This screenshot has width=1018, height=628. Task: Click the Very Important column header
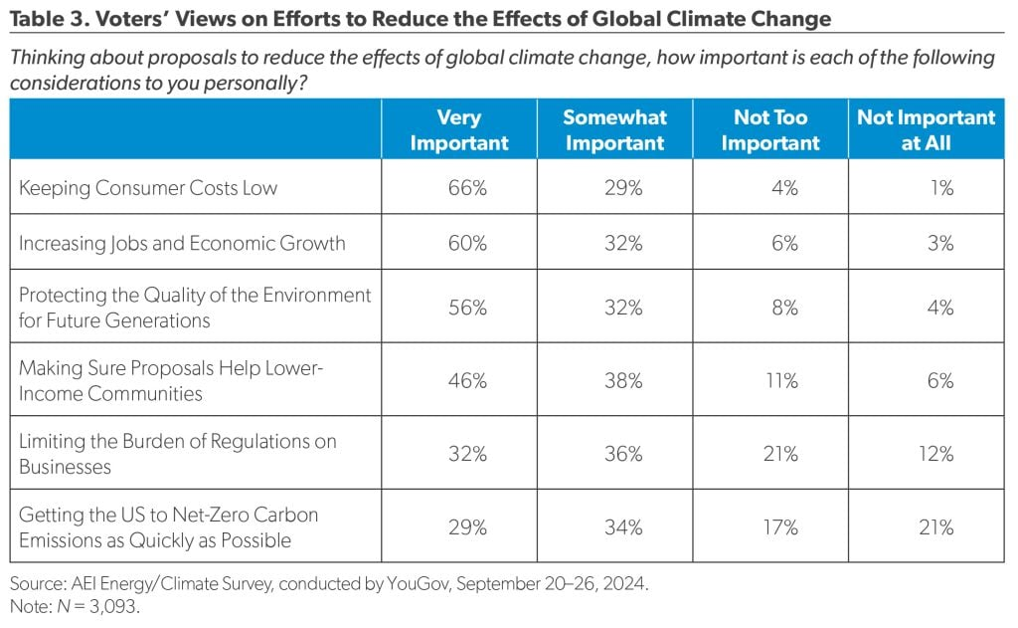458,130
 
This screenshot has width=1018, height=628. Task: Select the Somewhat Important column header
614,130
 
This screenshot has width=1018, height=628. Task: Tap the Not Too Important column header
770,130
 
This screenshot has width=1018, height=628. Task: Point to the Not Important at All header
926,130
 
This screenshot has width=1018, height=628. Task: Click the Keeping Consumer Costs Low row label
148,188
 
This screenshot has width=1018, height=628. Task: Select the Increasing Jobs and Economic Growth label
182,244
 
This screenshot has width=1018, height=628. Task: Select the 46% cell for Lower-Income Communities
466,381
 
